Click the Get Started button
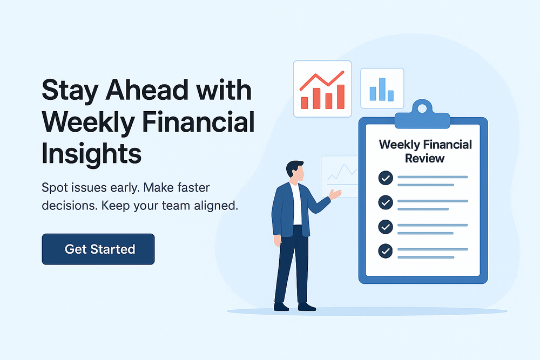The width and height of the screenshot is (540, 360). click(x=98, y=249)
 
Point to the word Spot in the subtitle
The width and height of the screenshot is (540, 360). click(x=55, y=188)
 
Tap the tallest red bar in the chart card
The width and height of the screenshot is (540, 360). click(x=340, y=96)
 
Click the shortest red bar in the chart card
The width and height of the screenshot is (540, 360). click(x=305, y=103)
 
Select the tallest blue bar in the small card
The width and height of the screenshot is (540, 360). click(x=382, y=89)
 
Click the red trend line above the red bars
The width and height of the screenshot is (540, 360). click(x=322, y=80)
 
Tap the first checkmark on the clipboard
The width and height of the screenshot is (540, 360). click(x=385, y=178)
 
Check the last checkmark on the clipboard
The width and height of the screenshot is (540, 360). click(x=385, y=250)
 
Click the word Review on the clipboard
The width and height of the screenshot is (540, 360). click(x=425, y=158)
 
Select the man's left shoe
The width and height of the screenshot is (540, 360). click(x=281, y=307)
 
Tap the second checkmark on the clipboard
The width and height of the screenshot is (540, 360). click(x=385, y=202)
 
